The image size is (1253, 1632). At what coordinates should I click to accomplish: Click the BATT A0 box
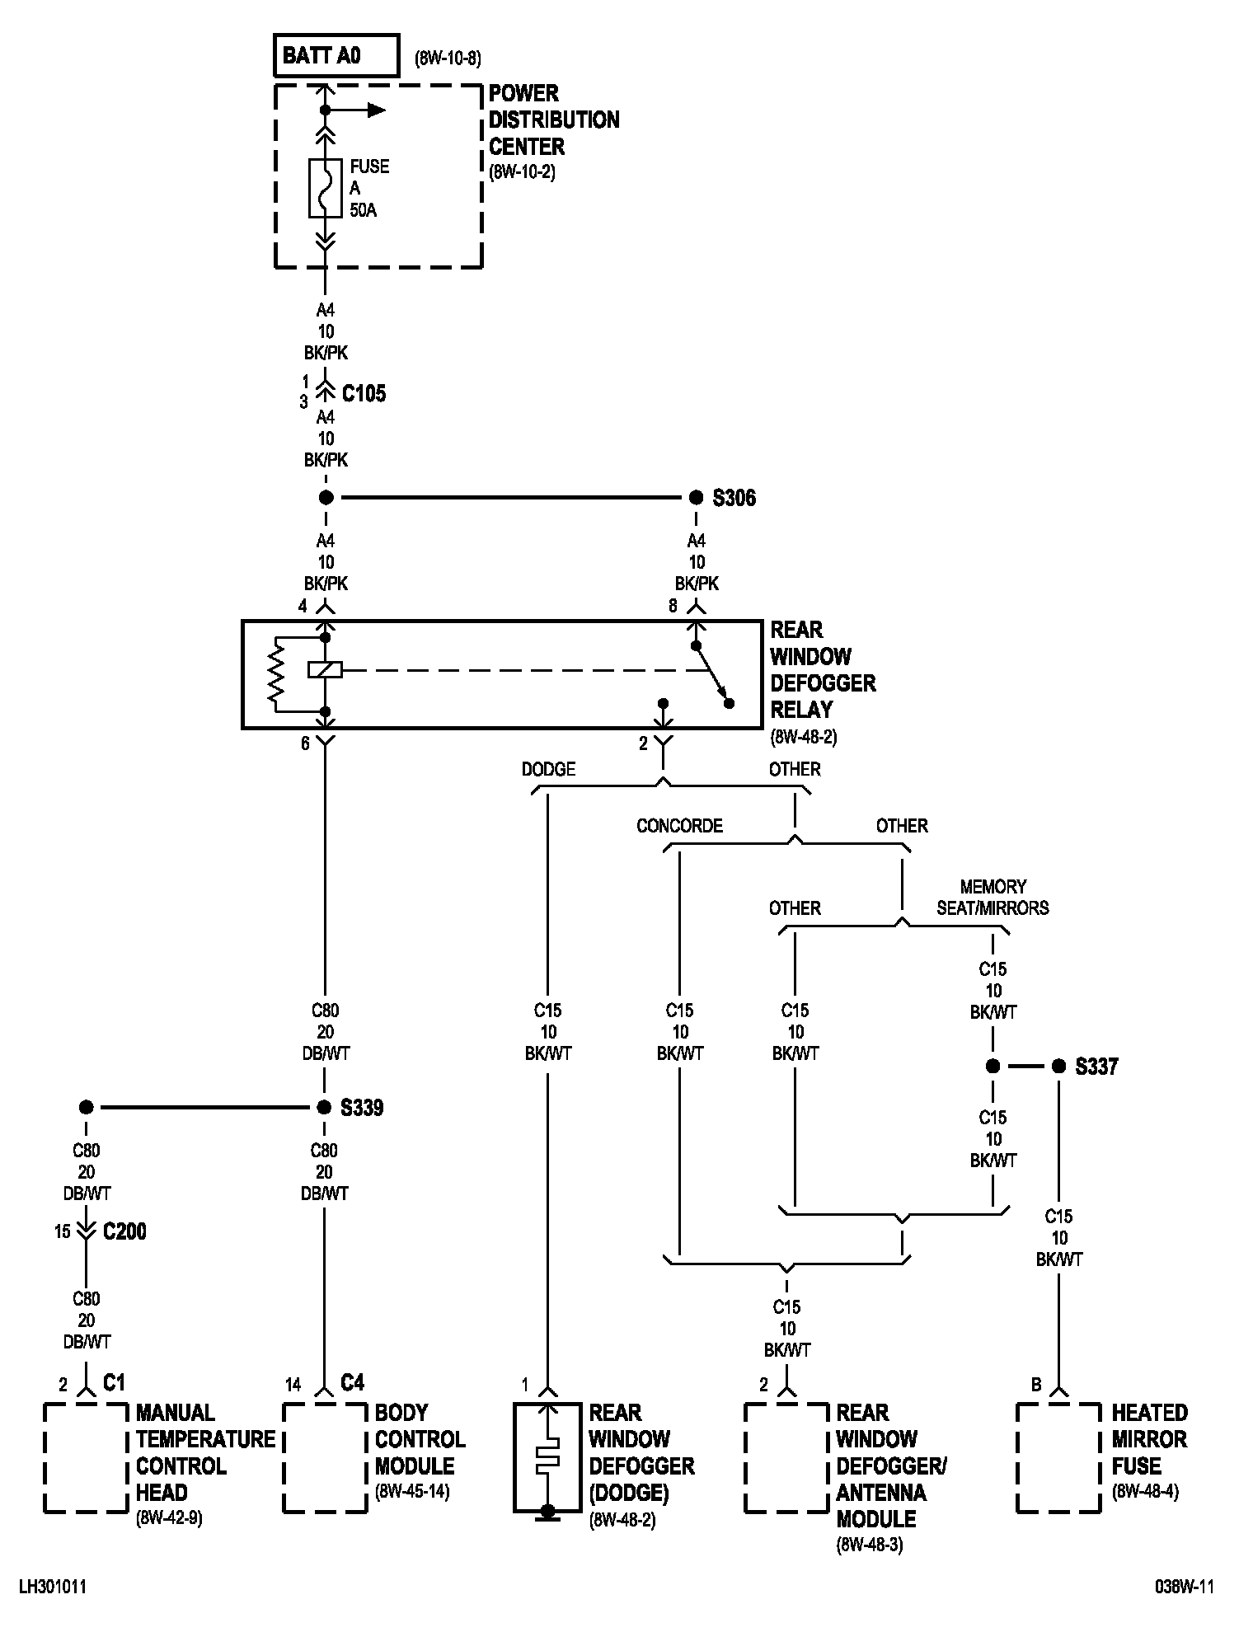click(336, 56)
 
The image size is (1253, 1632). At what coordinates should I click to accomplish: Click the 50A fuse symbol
click(325, 188)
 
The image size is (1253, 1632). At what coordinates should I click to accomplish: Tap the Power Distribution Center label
click(553, 120)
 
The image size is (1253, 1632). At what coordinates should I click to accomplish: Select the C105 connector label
click(364, 393)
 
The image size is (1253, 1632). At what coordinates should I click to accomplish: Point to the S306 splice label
click(734, 499)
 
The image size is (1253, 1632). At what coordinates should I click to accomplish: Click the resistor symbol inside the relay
click(276, 674)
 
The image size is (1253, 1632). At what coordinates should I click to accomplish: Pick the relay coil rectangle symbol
click(325, 669)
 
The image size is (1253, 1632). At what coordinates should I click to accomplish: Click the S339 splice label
click(362, 1108)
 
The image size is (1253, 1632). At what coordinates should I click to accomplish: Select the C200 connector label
click(124, 1231)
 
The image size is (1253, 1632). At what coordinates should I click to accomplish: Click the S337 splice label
click(1096, 1067)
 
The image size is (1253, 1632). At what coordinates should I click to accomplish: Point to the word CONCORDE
click(679, 826)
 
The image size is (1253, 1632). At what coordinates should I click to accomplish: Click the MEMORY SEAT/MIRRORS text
click(993, 898)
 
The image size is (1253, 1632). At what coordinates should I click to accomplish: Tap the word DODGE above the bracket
click(548, 769)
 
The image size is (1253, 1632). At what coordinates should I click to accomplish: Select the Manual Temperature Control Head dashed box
click(86, 1458)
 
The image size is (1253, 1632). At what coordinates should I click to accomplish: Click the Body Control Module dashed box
click(325, 1458)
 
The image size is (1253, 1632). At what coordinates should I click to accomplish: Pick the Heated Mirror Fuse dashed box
click(1058, 1458)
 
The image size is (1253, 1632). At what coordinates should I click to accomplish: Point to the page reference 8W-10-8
click(448, 59)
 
